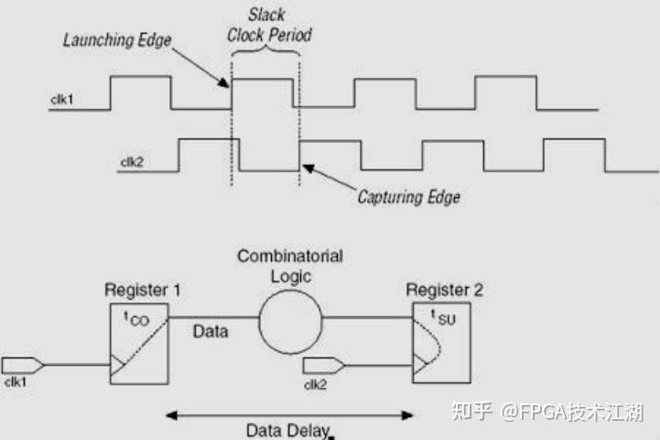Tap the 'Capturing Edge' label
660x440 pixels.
point(408,196)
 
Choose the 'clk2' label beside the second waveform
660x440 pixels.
point(133,162)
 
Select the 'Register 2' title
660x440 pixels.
point(445,290)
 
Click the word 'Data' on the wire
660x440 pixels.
point(211,331)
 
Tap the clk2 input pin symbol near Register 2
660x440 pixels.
point(329,364)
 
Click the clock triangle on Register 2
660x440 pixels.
point(420,365)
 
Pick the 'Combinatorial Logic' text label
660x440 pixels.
point(290,266)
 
